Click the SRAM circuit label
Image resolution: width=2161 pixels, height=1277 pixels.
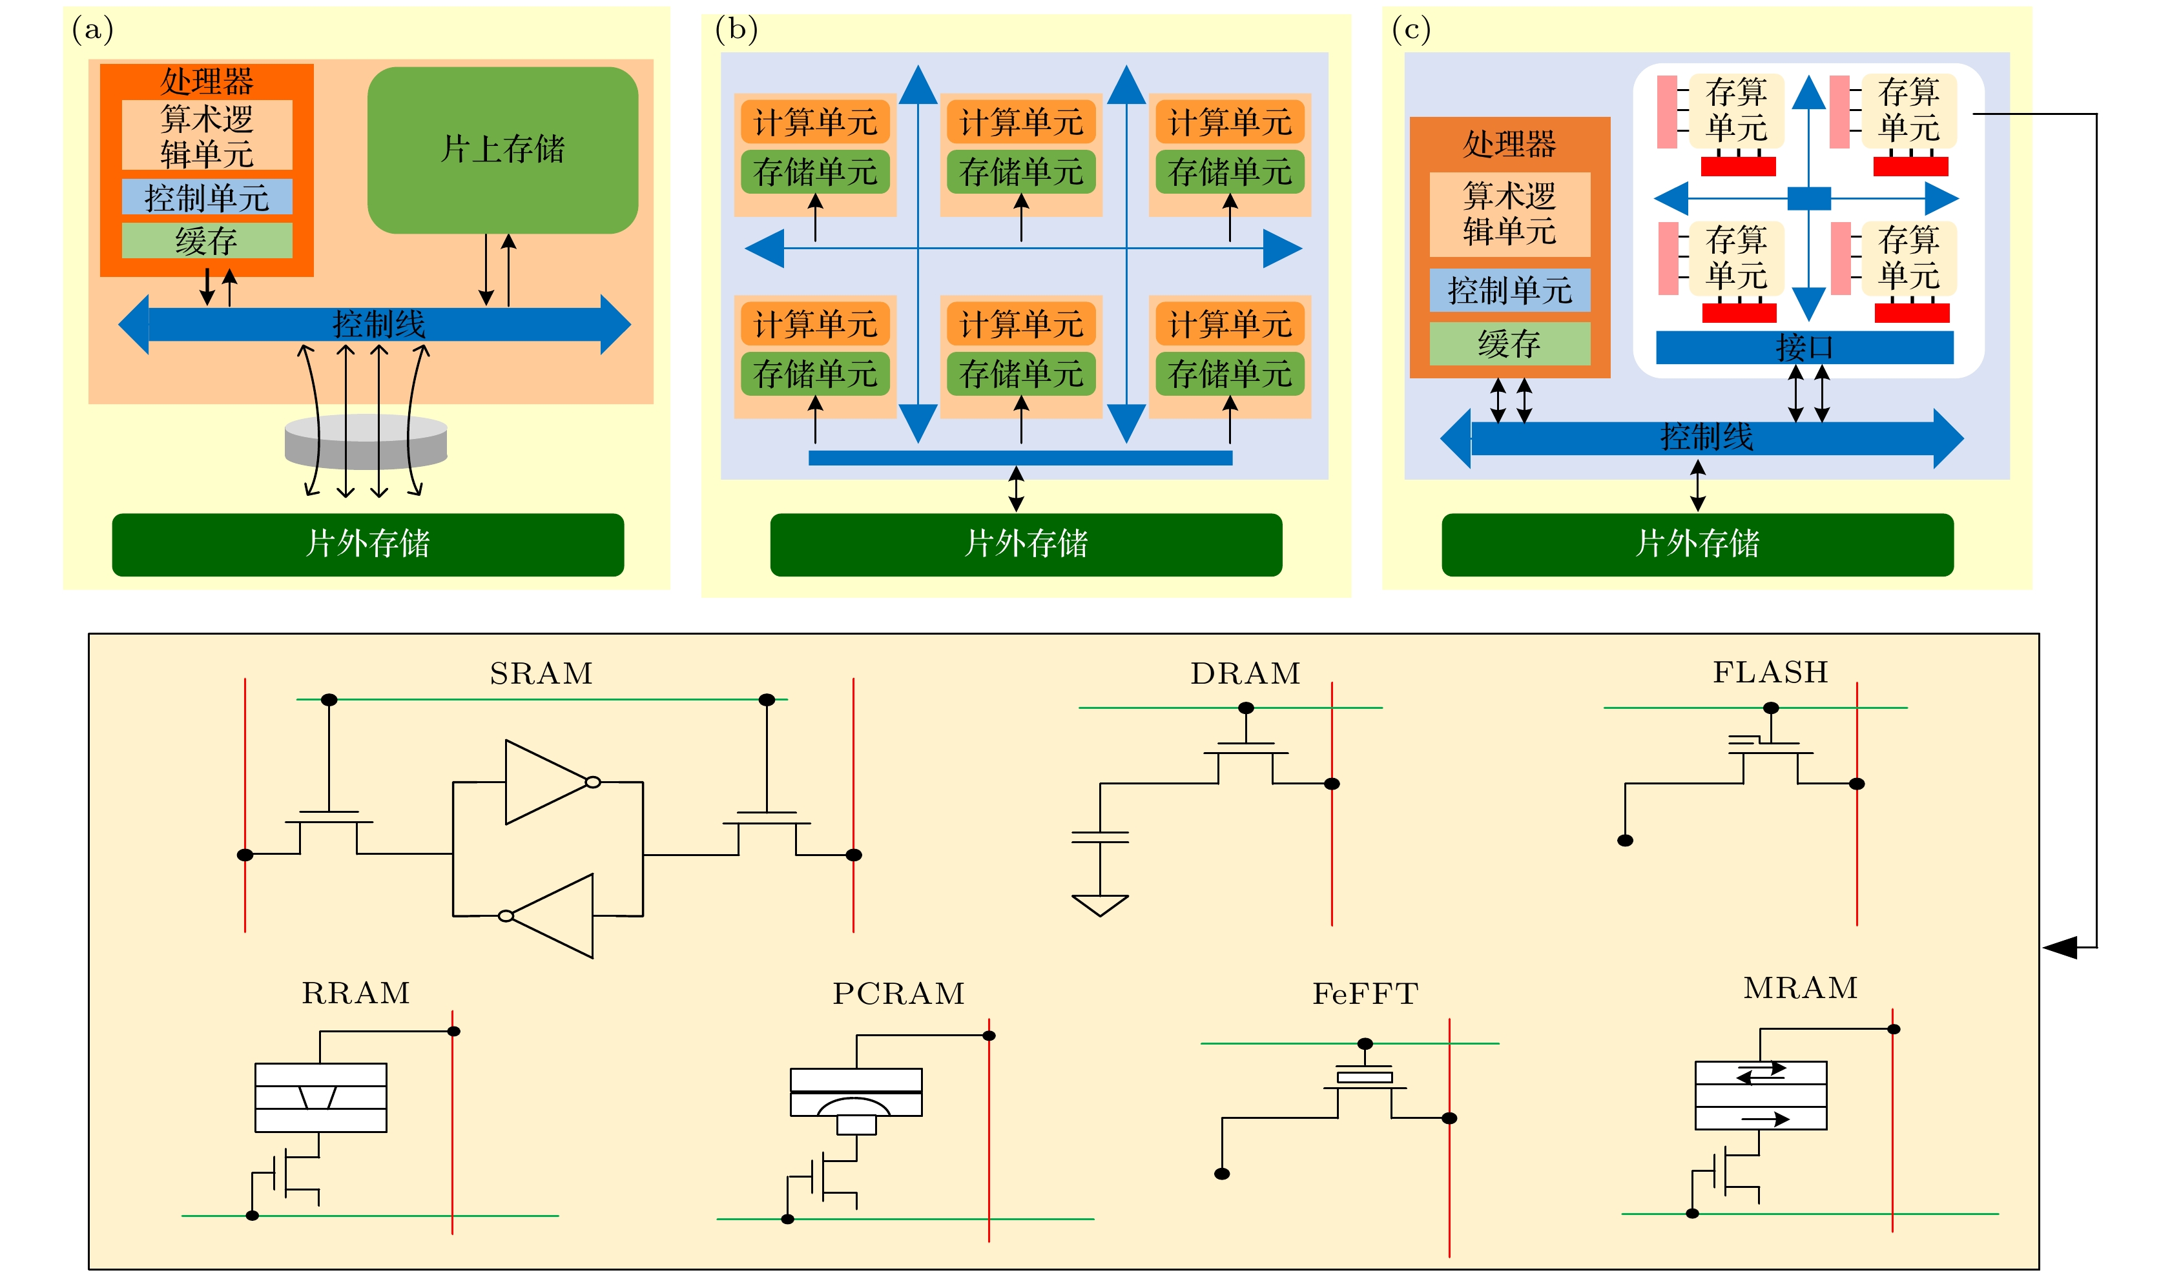point(541,673)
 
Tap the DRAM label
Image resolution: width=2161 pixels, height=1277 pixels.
point(1245,673)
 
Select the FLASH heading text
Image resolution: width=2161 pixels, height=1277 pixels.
point(1770,672)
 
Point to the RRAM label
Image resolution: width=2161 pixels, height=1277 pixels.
point(355,993)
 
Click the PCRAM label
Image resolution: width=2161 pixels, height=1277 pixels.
point(898,994)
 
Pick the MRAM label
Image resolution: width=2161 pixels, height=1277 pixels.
point(1801,988)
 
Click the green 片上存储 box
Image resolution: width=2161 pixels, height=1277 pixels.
point(502,150)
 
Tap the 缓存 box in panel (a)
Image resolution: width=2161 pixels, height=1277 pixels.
point(207,241)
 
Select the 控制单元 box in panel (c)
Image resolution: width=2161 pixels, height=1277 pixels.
point(1509,290)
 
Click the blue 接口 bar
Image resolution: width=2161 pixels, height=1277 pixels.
point(1804,347)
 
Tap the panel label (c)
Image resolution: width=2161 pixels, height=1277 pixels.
point(1411,30)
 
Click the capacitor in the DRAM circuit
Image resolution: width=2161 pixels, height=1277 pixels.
point(1100,837)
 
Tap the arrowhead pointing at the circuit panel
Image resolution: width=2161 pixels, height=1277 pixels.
point(2060,948)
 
